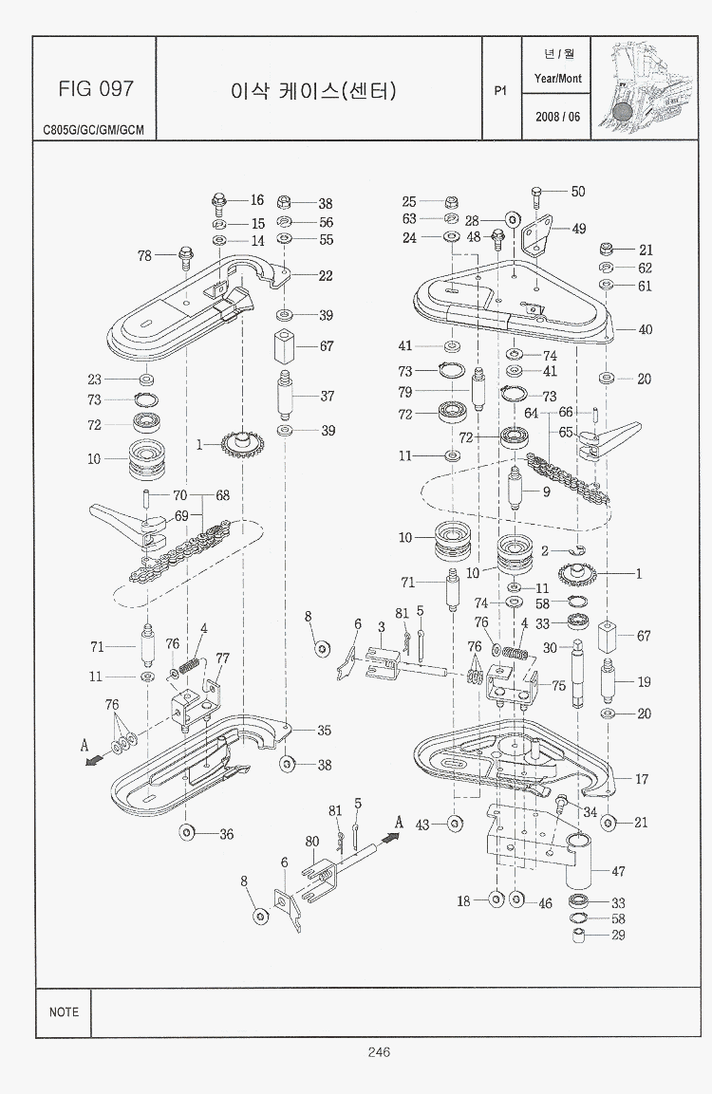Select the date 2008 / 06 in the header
557,117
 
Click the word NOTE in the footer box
64,1011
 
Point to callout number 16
257,200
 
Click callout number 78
144,255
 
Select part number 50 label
578,192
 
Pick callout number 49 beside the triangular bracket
578,229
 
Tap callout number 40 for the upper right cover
646,330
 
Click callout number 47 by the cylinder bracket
618,870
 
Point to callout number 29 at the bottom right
618,936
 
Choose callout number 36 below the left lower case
226,834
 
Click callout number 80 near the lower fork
311,840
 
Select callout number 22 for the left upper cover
326,276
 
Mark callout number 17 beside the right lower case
642,780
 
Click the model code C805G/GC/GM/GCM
93,130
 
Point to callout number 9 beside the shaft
547,491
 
